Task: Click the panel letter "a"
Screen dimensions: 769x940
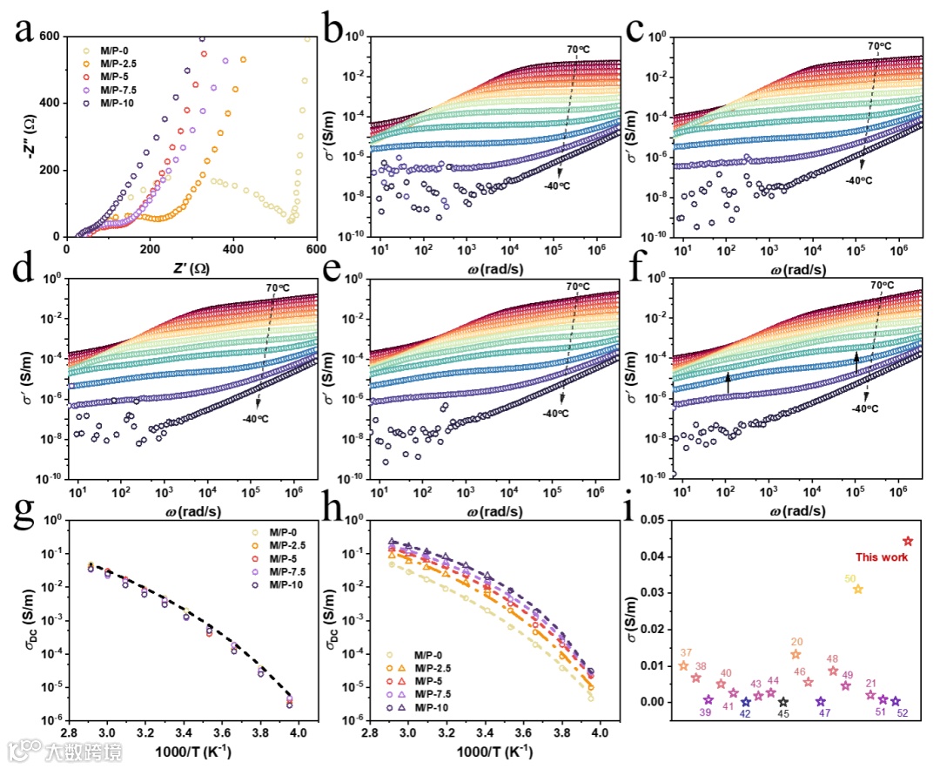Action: [27, 33]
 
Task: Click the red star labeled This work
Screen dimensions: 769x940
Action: [908, 541]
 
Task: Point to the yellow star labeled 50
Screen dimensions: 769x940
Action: [858, 590]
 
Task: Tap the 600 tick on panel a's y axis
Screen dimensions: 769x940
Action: [50, 36]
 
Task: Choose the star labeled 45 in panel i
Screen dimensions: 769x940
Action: [783, 702]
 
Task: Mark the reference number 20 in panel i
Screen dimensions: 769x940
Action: [796, 642]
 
